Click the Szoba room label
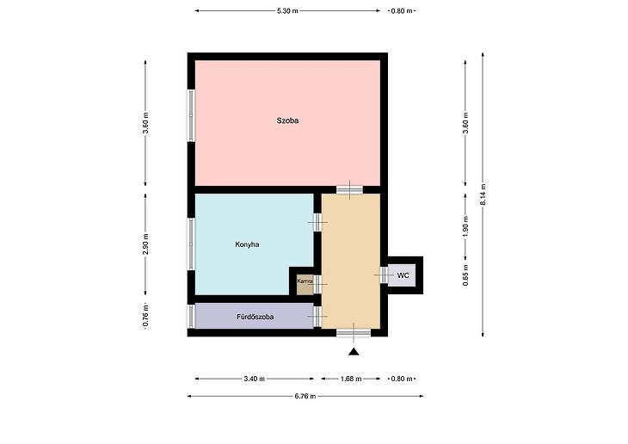[x=287, y=120]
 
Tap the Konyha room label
[x=247, y=244]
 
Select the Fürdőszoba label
[x=256, y=317]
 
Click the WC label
[x=403, y=275]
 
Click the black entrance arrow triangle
[x=354, y=351]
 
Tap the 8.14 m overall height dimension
[x=483, y=194]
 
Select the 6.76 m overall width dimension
[x=305, y=397]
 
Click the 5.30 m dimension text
[x=287, y=11]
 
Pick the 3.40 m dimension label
[x=254, y=379]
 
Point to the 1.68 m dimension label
[x=351, y=379]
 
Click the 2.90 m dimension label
[x=145, y=244]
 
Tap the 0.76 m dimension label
[x=145, y=316]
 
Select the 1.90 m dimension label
[x=465, y=226]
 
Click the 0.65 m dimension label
[x=465, y=274]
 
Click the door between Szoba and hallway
[x=349, y=189]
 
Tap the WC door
[x=384, y=274]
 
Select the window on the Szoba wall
[x=191, y=115]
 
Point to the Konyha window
[x=191, y=244]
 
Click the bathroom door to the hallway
[x=317, y=316]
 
